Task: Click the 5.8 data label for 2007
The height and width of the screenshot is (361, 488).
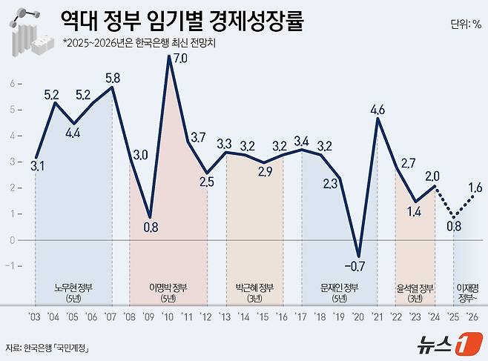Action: [113, 76]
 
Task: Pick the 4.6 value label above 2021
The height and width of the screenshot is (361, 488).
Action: [377, 110]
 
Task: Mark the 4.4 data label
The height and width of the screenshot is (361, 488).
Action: [74, 134]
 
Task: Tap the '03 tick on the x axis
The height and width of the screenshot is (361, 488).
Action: [35, 317]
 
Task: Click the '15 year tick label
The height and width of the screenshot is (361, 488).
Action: [263, 317]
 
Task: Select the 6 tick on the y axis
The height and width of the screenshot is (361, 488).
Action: [11, 83]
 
